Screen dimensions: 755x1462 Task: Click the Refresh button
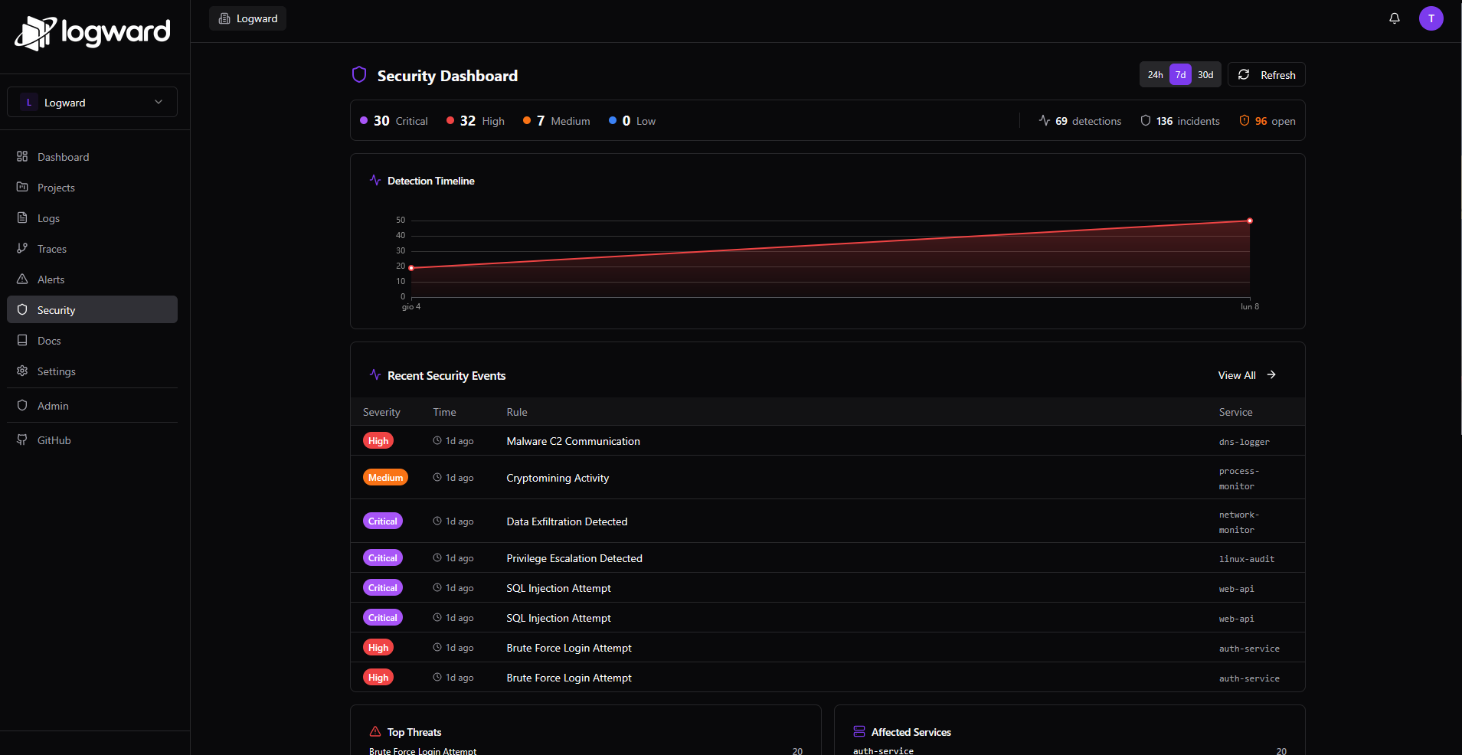1267,75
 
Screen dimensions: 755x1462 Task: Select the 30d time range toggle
1205,75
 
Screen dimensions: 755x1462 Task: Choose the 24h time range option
1155,75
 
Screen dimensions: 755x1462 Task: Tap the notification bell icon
1395,18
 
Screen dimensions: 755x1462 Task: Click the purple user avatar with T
1431,18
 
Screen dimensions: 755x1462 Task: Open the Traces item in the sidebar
52,249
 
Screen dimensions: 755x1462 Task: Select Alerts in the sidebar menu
51,279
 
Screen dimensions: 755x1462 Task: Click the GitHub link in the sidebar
54,440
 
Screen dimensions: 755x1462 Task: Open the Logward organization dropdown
92,103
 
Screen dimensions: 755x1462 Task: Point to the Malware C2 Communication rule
573,441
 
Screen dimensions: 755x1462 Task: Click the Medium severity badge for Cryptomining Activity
385,478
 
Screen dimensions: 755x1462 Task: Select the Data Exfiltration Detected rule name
567,521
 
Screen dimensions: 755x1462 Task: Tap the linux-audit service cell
1246,559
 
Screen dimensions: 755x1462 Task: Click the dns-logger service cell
1244,442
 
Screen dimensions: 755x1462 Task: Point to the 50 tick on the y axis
401,221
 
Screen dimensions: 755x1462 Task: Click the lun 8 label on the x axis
1249,307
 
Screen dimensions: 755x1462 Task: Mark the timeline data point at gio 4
411,268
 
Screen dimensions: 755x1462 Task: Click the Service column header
1235,412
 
